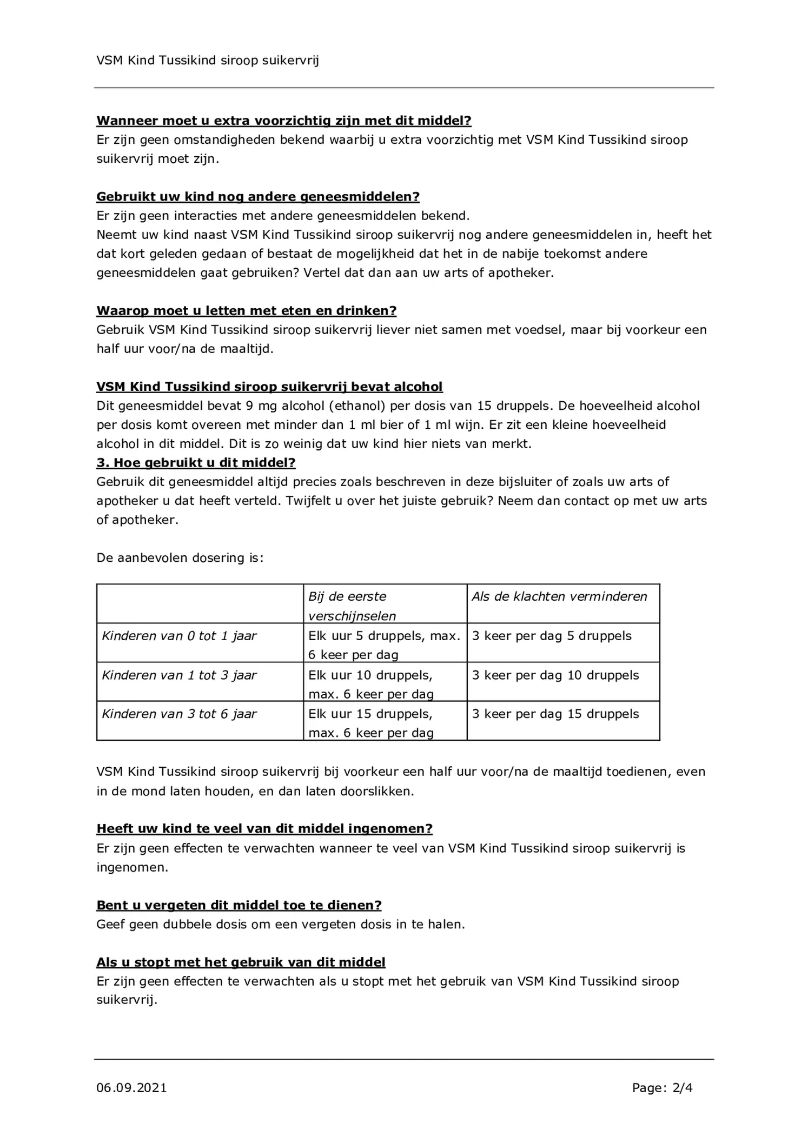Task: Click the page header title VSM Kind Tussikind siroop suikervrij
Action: [x=208, y=61]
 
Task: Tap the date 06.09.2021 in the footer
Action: [x=131, y=1087]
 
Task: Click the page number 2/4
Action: [x=682, y=1087]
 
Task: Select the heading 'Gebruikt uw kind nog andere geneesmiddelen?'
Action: [x=257, y=196]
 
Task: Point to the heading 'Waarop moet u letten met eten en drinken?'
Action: [x=246, y=311]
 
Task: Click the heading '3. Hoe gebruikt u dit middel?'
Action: [x=196, y=463]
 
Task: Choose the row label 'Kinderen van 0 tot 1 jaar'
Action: [x=179, y=636]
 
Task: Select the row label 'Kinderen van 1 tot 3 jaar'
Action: [x=179, y=675]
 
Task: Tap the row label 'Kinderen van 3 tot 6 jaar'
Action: [x=179, y=714]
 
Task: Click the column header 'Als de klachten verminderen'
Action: [x=559, y=596]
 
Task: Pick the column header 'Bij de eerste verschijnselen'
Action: [x=352, y=606]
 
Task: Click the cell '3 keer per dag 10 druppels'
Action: [x=555, y=675]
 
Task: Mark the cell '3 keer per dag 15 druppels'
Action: [x=555, y=714]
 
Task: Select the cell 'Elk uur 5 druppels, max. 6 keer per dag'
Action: [x=383, y=645]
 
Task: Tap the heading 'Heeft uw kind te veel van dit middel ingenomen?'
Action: [x=264, y=829]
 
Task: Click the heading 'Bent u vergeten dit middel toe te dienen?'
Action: [x=239, y=905]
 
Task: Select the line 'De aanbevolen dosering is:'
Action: [x=180, y=558]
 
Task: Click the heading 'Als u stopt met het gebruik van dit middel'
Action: [x=241, y=962]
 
